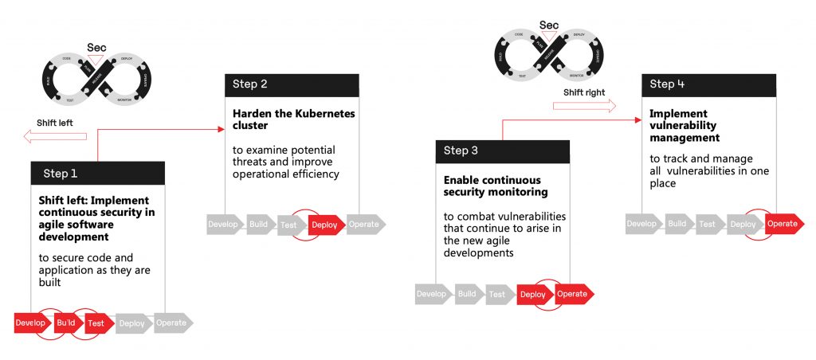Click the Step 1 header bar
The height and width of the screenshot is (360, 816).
[98, 173]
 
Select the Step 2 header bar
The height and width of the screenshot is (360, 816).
[292, 84]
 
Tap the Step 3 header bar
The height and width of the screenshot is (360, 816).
[502, 151]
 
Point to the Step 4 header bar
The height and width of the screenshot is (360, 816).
[708, 84]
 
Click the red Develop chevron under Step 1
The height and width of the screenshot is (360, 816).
[30, 323]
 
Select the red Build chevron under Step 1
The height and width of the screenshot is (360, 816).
[65, 323]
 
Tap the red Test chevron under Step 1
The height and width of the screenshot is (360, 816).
[96, 323]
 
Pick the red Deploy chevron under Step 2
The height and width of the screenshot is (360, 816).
[324, 225]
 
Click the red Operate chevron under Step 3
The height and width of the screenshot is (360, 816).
[572, 294]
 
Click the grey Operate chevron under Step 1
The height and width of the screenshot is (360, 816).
[171, 323]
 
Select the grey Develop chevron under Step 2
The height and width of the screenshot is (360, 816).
[224, 225]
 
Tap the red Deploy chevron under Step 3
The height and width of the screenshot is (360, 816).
[533, 294]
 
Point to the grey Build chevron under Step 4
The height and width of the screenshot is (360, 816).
[677, 224]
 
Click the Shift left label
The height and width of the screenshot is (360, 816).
[56, 123]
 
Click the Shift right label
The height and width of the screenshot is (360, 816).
[584, 92]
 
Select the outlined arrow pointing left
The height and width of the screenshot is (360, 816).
[54, 137]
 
